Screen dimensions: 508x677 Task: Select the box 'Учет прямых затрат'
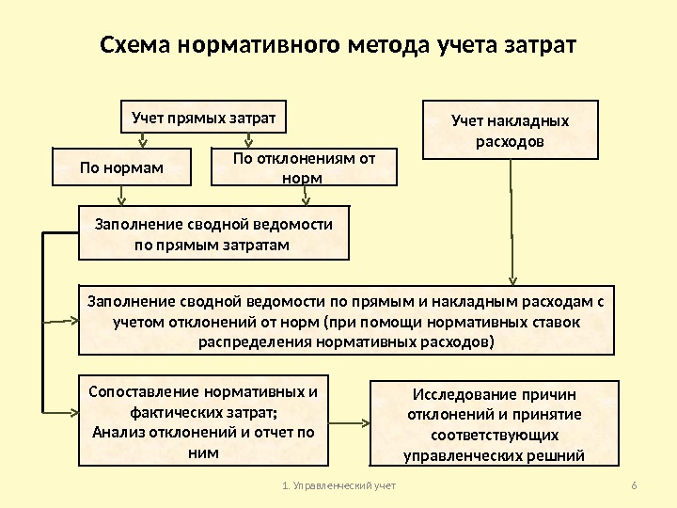(204, 119)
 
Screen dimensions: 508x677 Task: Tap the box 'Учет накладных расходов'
(511, 129)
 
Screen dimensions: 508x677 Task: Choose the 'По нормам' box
(121, 167)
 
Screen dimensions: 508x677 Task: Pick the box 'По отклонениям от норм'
(303, 167)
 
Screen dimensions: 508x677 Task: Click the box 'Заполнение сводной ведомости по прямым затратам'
(213, 233)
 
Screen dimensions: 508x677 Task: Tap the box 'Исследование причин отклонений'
(494, 423)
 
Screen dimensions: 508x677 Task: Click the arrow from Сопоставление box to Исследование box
(351, 420)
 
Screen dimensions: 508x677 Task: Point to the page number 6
(634, 485)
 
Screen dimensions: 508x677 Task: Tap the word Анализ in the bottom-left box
(117, 433)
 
